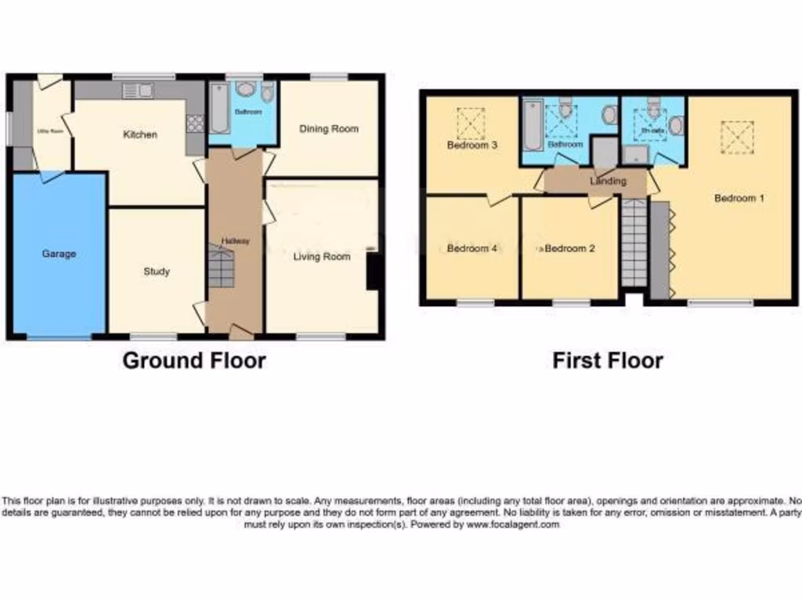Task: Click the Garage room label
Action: (x=59, y=254)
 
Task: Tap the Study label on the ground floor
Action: (x=157, y=272)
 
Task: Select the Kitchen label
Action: (x=140, y=135)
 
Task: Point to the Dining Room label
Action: (x=329, y=129)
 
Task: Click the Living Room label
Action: (x=322, y=256)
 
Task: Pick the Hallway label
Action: (x=235, y=241)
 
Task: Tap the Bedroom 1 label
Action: (x=739, y=198)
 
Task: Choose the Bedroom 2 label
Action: (x=569, y=249)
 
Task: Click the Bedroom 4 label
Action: (x=472, y=249)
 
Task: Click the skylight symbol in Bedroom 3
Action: (x=471, y=123)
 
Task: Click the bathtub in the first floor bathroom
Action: (x=533, y=124)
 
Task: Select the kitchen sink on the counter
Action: (x=137, y=91)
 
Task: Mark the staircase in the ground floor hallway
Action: (x=222, y=266)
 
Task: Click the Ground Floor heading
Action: (x=194, y=361)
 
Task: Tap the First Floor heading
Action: (x=608, y=361)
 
